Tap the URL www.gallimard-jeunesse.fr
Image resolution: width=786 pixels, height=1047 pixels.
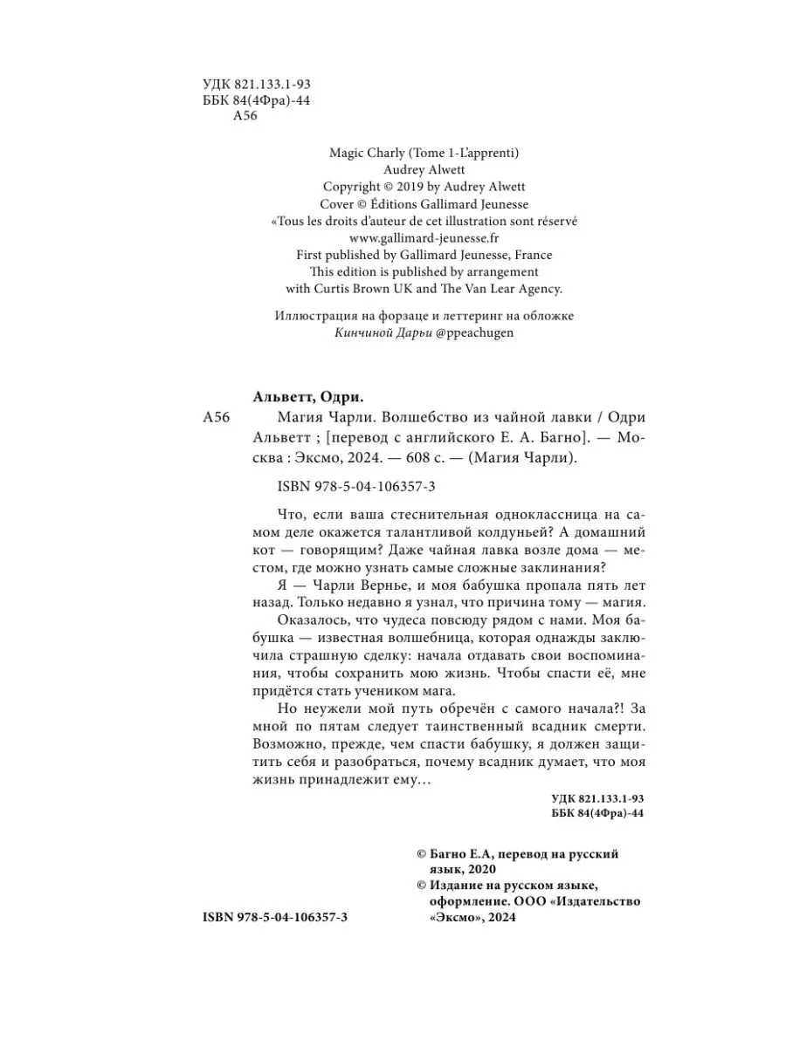(425, 237)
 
